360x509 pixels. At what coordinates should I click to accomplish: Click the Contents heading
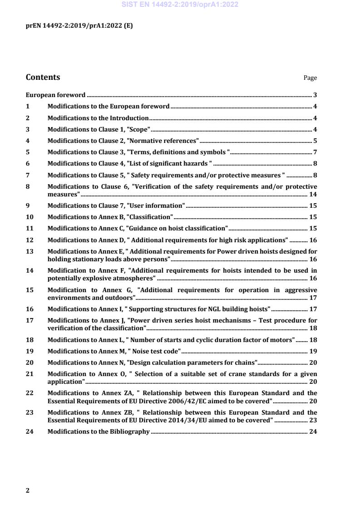tap(43, 77)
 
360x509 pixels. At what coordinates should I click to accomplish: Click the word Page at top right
tap(310, 78)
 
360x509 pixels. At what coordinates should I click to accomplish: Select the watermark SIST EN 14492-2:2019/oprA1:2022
tap(180, 5)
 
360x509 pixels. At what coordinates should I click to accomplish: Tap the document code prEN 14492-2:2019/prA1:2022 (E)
tap(79, 25)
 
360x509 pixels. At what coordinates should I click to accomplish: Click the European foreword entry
tap(55, 95)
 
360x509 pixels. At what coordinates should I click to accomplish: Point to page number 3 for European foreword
tap(315, 95)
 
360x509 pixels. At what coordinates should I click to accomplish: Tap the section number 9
tap(28, 206)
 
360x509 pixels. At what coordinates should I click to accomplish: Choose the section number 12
tap(30, 240)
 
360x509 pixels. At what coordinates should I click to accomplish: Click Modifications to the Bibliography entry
tap(99, 431)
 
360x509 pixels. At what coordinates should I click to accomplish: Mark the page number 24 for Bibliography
tap(313, 431)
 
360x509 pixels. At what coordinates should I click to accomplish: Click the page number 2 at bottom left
tap(28, 490)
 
